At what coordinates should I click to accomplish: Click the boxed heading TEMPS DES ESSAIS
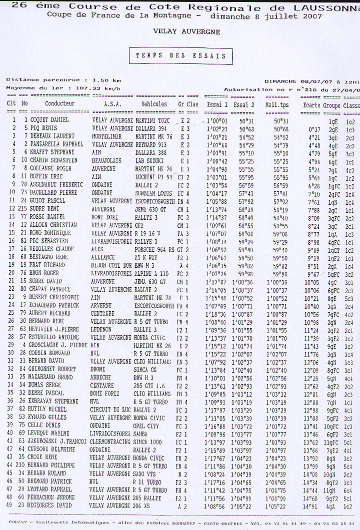coord(180,56)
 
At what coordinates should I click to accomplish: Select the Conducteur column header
coord(59,104)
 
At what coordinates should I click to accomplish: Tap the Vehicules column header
coord(154,104)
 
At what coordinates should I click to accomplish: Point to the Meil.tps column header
coord(277,105)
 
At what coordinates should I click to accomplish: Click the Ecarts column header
coord(311,105)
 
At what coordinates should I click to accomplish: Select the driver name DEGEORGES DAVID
coord(51,506)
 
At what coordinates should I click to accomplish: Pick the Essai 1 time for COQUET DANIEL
coord(216,120)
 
